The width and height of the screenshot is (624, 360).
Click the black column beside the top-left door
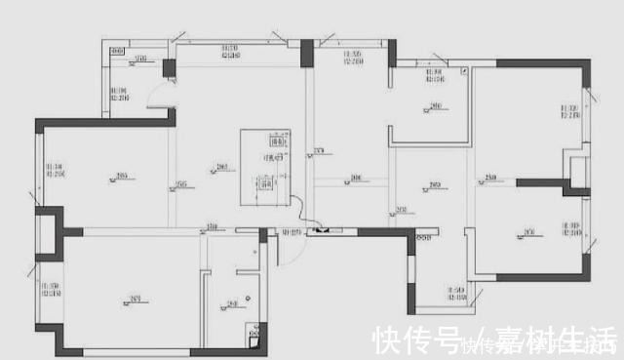[x=169, y=69]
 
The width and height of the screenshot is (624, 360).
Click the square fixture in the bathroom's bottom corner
[x=254, y=340]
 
